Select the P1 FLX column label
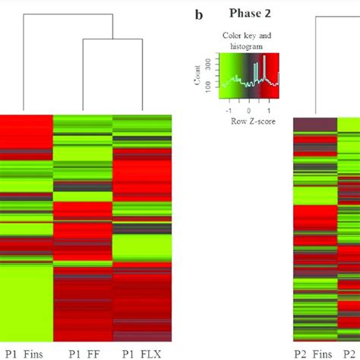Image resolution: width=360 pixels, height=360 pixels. (144, 351)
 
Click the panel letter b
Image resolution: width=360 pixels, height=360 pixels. (199, 14)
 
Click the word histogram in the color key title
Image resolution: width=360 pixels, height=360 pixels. (248, 46)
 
